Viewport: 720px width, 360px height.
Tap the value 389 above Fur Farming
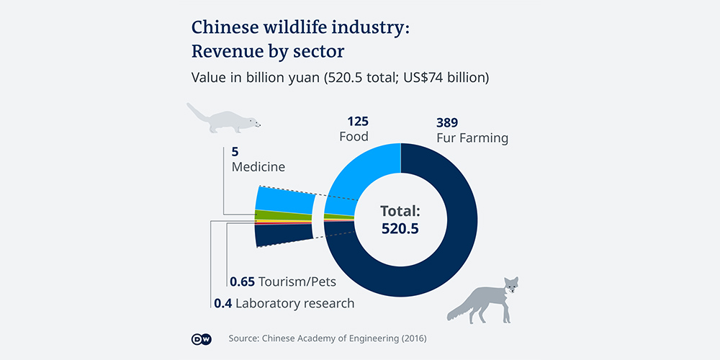click(x=447, y=122)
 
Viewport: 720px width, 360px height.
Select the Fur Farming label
click(x=472, y=138)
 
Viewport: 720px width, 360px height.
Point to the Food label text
click(x=354, y=137)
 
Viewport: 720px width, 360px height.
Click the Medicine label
click(x=258, y=167)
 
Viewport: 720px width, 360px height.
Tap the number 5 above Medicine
click(x=235, y=152)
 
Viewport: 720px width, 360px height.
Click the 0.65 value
click(x=242, y=282)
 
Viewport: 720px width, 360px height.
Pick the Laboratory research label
click(x=294, y=303)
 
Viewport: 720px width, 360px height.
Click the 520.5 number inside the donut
click(x=400, y=228)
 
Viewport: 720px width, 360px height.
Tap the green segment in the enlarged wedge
click(x=284, y=215)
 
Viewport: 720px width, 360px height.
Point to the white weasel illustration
click(x=223, y=120)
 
